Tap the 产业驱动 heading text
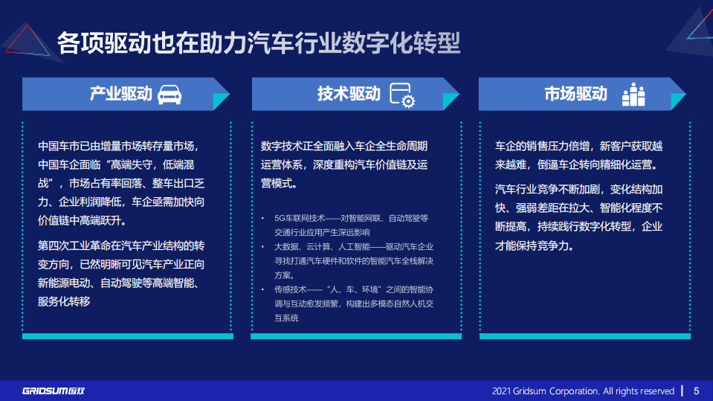(x=121, y=94)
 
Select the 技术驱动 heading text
(x=349, y=94)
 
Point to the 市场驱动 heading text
(x=575, y=94)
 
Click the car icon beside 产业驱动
(x=170, y=94)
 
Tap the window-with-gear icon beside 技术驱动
(x=403, y=95)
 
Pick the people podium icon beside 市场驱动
(x=633, y=94)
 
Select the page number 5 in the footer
(x=697, y=391)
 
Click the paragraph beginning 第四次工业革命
(x=122, y=273)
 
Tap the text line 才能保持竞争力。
(x=535, y=245)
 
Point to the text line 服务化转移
(x=64, y=301)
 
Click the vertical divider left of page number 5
(x=683, y=391)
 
